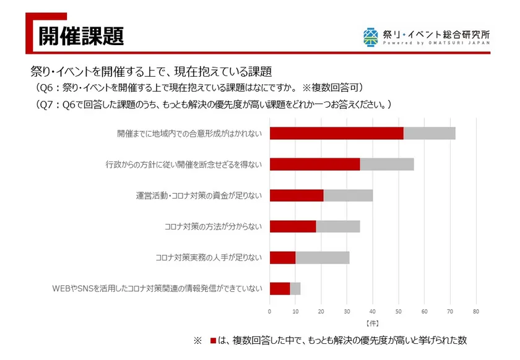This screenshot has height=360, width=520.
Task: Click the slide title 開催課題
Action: [x=81, y=35]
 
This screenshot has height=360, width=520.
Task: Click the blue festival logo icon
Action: [x=371, y=36]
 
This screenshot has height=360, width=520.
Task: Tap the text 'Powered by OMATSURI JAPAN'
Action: [x=436, y=44]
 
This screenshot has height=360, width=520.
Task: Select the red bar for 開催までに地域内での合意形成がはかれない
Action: [x=336, y=133]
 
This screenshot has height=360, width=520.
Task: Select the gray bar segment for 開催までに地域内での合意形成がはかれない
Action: [x=429, y=133]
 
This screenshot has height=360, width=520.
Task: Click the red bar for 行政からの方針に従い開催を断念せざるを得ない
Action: [x=314, y=164]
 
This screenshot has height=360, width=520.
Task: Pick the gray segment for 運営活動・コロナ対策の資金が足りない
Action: [x=348, y=195]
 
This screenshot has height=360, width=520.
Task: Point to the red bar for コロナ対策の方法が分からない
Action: [x=293, y=226]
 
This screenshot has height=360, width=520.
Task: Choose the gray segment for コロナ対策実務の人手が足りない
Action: [x=323, y=257]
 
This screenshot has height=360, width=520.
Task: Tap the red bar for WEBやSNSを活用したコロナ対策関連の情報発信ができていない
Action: [x=280, y=288]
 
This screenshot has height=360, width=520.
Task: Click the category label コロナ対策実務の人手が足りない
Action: [x=209, y=257]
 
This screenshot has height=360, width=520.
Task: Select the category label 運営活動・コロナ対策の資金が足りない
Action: [x=199, y=195]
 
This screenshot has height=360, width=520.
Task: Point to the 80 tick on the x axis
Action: [x=475, y=311]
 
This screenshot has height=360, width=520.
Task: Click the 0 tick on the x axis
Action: [x=270, y=311]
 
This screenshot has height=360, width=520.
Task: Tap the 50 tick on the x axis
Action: [x=399, y=311]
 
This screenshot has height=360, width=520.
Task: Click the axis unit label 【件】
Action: [x=372, y=323]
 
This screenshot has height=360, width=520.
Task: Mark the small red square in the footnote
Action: [x=214, y=341]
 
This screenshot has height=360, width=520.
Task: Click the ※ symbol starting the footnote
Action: [x=198, y=341]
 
